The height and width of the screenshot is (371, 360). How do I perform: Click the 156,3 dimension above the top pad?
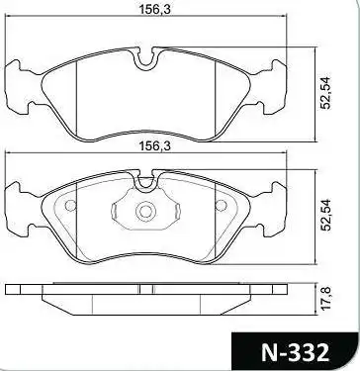tap(154, 10)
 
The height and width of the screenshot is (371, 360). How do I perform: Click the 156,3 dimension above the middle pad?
tap(154, 146)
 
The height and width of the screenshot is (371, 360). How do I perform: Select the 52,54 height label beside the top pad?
tap(326, 93)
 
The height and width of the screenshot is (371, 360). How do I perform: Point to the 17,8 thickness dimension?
tap(326, 298)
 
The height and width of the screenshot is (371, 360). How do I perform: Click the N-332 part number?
tap(295, 352)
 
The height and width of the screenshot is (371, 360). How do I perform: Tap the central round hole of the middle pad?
tap(145, 212)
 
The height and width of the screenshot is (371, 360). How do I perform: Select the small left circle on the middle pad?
tap(70, 206)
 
